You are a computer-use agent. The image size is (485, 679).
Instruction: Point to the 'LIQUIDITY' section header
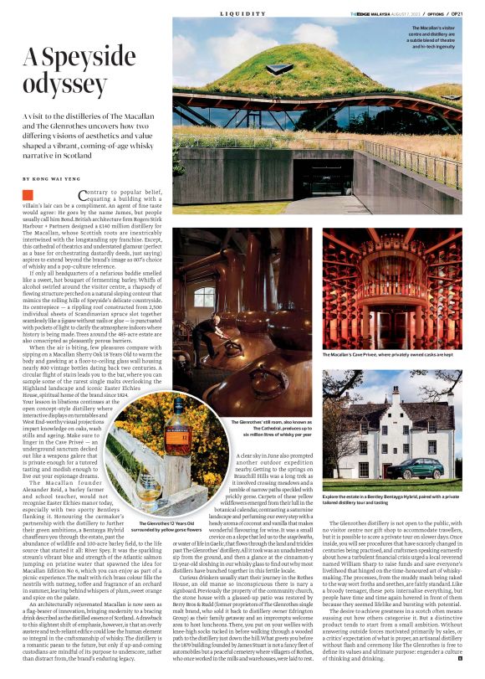(242, 14)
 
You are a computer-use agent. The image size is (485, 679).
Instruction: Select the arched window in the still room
(203, 296)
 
